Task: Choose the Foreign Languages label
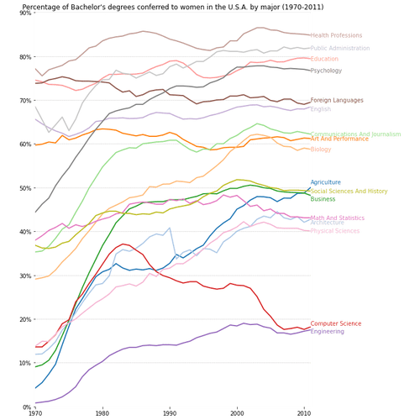[x=337, y=101]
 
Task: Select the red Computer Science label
[x=336, y=323]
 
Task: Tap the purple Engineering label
[x=327, y=332]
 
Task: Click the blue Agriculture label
[x=326, y=181]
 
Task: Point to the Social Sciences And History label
[x=349, y=192]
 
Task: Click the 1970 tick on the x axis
[x=34, y=413]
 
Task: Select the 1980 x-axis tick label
[x=102, y=413]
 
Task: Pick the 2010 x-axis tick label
[x=304, y=413]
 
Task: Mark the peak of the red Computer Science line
[x=123, y=244]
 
